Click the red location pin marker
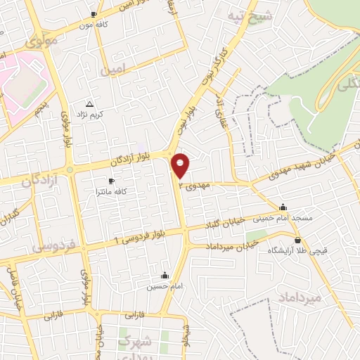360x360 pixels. [181, 165]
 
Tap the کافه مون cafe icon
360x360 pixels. [95, 14]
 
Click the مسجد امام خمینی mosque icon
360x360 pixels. [283, 207]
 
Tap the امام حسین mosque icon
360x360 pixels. [165, 275]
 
